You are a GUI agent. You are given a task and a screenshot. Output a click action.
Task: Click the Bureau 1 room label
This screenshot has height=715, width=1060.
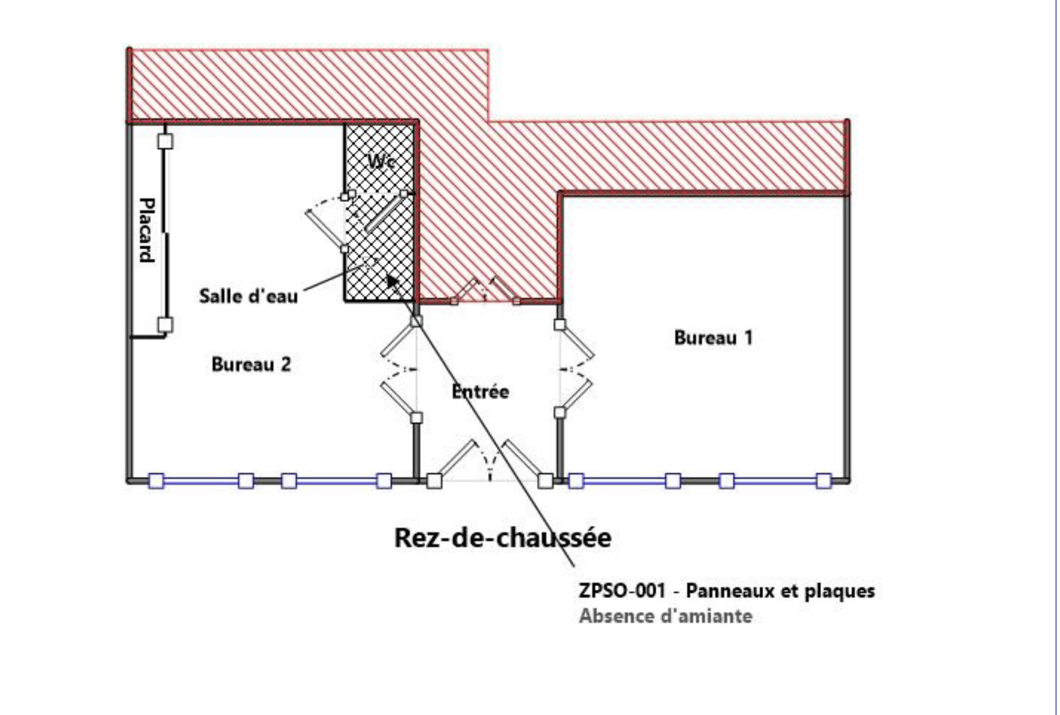[713, 338]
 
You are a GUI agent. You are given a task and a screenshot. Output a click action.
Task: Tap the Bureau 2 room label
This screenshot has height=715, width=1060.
[251, 364]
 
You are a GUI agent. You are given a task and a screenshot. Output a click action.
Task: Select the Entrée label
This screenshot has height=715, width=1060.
[480, 391]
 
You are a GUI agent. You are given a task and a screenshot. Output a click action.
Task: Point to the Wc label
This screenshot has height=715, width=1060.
[380, 161]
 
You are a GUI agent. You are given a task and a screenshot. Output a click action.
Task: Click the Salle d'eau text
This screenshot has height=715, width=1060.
[248, 296]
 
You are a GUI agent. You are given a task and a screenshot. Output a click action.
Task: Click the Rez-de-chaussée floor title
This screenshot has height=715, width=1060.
[503, 538]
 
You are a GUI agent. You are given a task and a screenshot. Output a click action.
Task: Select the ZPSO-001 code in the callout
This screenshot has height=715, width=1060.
[621, 591]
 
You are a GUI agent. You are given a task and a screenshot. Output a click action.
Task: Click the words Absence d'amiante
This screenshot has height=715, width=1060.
[665, 616]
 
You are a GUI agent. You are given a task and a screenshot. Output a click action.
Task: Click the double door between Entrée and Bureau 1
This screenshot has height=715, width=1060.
[575, 369]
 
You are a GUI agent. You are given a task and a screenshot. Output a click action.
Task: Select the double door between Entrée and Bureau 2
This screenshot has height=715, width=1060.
[399, 369]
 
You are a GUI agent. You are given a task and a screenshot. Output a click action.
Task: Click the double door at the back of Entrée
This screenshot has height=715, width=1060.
[485, 290]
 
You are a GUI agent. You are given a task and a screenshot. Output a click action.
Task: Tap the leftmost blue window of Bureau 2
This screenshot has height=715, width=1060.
[201, 481]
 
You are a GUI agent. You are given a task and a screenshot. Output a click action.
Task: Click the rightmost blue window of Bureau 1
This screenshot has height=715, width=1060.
[775, 481]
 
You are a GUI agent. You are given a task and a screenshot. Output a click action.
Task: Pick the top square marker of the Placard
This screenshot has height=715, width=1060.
[165, 141]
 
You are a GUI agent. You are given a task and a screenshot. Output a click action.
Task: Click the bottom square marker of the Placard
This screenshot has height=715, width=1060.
[165, 325]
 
